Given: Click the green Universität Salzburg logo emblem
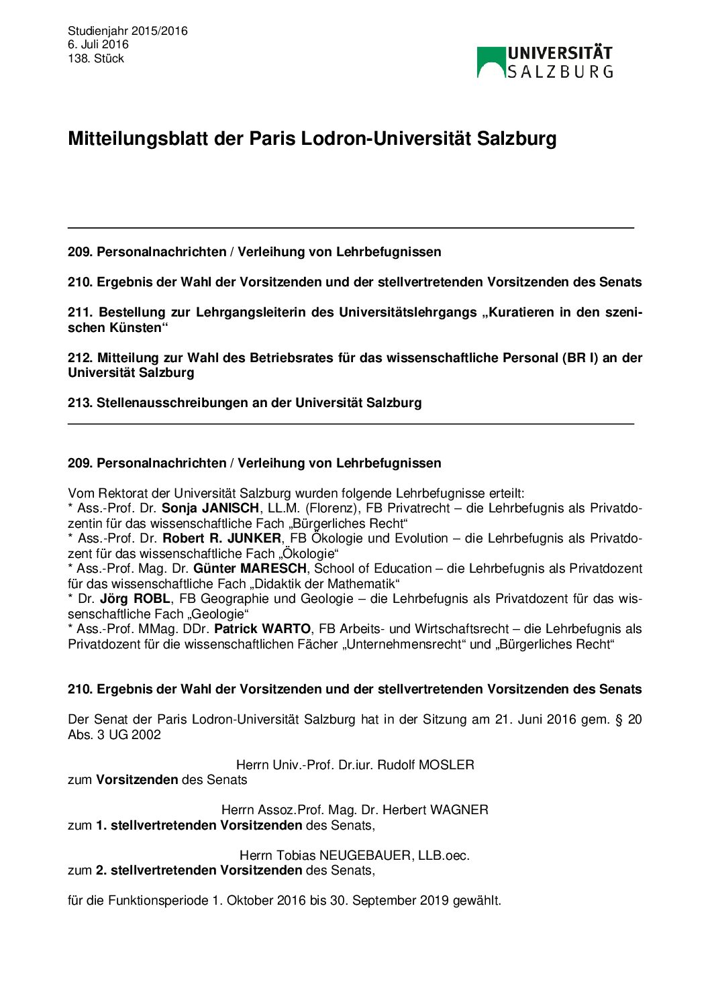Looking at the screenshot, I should pos(491,62).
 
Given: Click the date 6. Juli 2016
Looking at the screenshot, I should pos(98,44).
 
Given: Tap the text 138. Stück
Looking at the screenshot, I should pos(96,58).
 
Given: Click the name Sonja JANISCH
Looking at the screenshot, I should pos(210,508).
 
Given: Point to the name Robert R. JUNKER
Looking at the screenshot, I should pos(221,539).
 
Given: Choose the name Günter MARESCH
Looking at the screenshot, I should pos(250,569).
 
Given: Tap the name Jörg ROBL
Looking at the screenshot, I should pos(135,599).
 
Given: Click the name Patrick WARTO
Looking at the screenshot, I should pos(262,629).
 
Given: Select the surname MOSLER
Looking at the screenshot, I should pos(446,765).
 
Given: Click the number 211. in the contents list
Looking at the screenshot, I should pos(80,313).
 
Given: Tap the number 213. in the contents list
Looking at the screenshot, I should pos(80,403).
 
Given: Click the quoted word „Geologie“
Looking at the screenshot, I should pos(219,614).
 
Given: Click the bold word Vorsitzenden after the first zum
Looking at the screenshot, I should pos(137,780).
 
